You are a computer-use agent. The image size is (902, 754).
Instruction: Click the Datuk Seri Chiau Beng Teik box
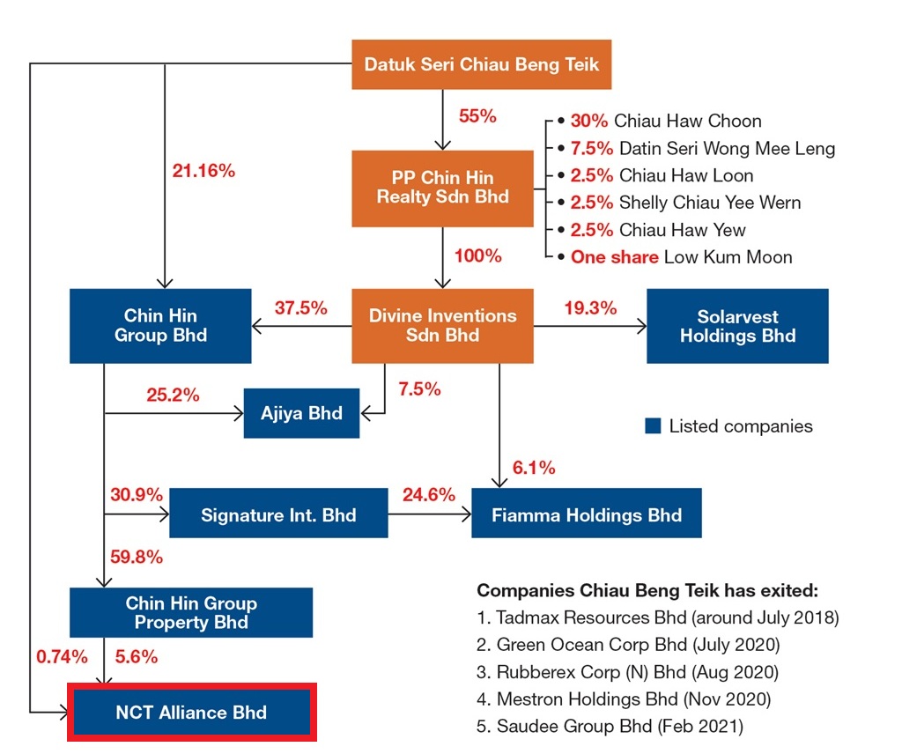click(x=481, y=64)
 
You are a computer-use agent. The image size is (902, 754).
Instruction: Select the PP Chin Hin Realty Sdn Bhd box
click(x=442, y=188)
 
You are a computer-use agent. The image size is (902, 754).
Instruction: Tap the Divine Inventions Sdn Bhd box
click(x=442, y=325)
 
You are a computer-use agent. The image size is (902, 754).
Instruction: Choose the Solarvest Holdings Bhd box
click(x=737, y=326)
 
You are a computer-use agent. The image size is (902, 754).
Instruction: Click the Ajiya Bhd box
click(x=301, y=413)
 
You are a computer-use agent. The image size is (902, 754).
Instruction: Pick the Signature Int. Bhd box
click(x=278, y=514)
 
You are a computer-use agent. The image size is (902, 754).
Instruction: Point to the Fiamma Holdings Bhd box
click(x=586, y=514)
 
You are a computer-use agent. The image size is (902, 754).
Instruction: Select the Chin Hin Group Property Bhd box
click(x=191, y=613)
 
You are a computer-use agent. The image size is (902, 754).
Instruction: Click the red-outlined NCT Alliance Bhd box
click(x=191, y=713)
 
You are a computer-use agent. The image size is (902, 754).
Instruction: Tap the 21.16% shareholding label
click(x=203, y=171)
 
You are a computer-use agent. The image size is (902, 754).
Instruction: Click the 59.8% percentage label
click(x=137, y=557)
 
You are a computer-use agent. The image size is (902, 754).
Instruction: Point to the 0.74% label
click(x=62, y=656)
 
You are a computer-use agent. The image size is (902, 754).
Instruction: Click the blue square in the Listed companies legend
click(x=653, y=426)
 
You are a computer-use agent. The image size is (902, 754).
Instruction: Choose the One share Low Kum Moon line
click(x=681, y=257)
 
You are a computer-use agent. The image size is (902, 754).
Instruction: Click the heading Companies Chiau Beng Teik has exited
click(x=647, y=590)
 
